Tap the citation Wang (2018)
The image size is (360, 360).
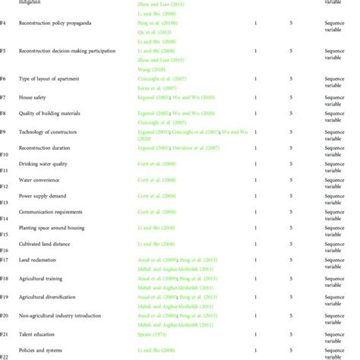coord(141,90)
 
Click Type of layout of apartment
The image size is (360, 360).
coord(52,78)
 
